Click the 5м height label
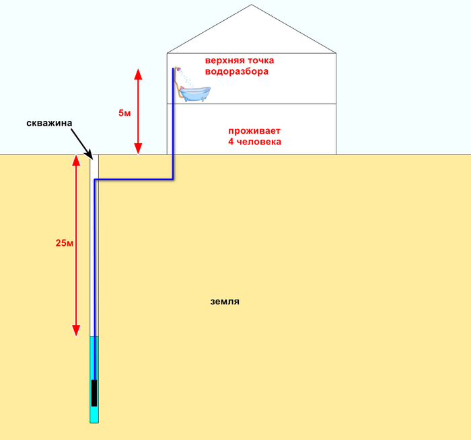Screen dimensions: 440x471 tap(124, 113)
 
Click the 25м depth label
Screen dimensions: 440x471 tap(64, 243)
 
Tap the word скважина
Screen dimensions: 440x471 tap(48, 124)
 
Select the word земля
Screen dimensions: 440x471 tap(225, 302)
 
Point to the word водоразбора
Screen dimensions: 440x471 tap(237, 71)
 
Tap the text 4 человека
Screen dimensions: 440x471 tap(254, 142)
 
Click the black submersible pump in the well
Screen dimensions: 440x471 tap(94, 392)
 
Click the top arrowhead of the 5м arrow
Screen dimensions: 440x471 tap(138, 73)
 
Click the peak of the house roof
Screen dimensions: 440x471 tap(251, 6)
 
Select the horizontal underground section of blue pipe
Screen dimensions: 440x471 tap(135, 179)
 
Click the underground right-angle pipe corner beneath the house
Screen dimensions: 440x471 tap(173, 179)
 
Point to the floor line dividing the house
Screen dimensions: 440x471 tap(269, 104)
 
